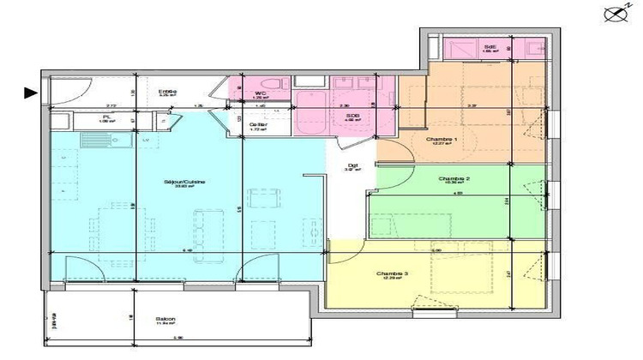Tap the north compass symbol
[611, 13]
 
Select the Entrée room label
[167, 92]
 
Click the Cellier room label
[257, 125]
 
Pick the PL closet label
[106, 117]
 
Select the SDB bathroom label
[352, 115]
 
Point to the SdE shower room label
[490, 48]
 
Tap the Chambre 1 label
[442, 139]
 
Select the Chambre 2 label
[454, 179]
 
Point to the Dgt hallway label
[351, 166]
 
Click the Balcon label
[165, 319]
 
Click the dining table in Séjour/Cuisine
[112, 225]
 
